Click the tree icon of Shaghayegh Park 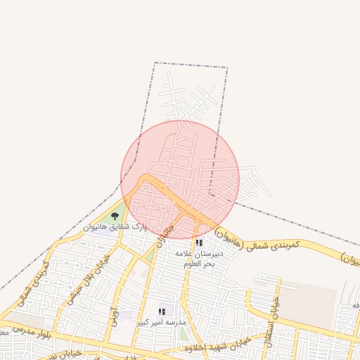point(115,217)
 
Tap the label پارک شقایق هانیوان point(116,228)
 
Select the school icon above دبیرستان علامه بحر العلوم point(199,243)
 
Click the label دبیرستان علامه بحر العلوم point(198,258)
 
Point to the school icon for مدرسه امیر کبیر point(162,311)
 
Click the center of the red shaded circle point(180,179)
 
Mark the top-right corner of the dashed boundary point(226,67)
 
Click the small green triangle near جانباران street point(149,254)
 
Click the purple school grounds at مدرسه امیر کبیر point(127,315)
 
